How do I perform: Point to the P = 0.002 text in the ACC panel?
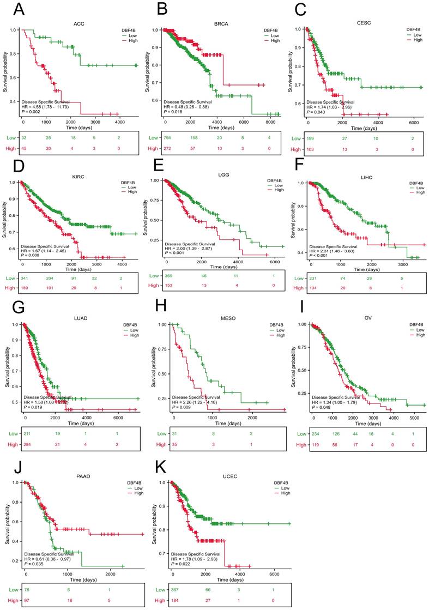pos(32,111)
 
